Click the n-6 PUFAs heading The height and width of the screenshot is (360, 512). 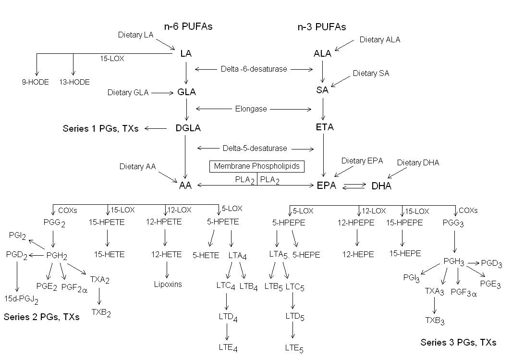click(x=188, y=27)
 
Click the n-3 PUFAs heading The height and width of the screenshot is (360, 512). click(x=322, y=27)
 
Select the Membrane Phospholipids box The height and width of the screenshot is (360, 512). click(x=256, y=166)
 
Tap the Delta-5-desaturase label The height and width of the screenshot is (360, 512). click(x=255, y=148)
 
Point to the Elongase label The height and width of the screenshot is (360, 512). click(x=251, y=109)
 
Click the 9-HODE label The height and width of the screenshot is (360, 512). click(x=35, y=82)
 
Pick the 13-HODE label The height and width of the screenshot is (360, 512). click(x=74, y=82)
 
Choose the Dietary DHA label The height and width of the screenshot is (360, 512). click(x=418, y=163)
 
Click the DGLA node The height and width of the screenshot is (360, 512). click(x=187, y=128)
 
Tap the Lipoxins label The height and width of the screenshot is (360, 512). click(x=167, y=284)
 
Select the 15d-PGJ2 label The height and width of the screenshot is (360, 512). click(x=21, y=299)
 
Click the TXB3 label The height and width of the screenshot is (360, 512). click(x=435, y=320)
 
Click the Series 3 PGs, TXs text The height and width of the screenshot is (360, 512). click(x=458, y=343)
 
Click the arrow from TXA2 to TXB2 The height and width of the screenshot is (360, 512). click(x=100, y=296)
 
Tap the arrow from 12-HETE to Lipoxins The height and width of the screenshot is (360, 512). click(x=167, y=270)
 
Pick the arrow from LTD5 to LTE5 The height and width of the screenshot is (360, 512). click(x=293, y=331)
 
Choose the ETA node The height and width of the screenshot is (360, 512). click(x=325, y=127)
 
